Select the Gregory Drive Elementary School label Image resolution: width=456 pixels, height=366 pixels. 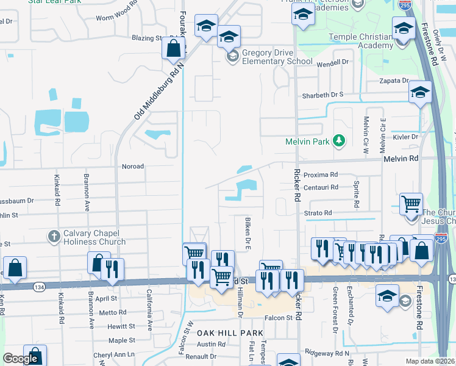tap(277, 57)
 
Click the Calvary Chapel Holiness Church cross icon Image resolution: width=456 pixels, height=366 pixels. tap(54, 235)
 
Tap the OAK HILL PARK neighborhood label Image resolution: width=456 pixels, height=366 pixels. tap(230, 332)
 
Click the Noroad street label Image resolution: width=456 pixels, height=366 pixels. tap(134, 166)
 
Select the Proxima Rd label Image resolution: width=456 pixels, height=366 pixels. tap(320, 174)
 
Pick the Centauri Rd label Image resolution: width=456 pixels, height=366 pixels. tap(321, 187)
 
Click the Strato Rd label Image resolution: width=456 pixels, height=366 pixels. tap(318, 213)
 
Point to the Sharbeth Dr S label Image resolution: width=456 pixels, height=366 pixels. tap(323, 95)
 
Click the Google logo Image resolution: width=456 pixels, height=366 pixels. tap(21, 359)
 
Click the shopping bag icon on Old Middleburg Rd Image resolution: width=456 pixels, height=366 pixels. tap(174, 49)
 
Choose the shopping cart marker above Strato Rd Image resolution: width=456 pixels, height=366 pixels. tap(411, 204)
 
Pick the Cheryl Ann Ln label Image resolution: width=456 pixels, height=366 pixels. tap(114, 354)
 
